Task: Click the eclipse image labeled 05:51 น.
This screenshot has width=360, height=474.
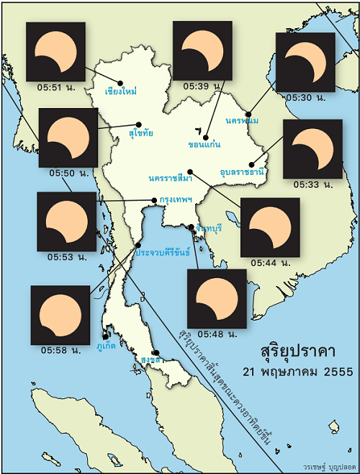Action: click(55, 51)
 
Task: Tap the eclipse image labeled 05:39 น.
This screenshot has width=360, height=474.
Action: click(202, 50)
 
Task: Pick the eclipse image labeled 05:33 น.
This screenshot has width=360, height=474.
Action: click(312, 148)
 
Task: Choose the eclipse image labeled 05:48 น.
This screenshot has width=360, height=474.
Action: click(217, 298)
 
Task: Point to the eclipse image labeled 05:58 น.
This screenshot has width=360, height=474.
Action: click(60, 315)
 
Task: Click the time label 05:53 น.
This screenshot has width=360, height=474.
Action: click(68, 256)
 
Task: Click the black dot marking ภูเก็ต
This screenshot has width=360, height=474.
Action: click(105, 336)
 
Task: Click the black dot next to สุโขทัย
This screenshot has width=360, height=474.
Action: click(139, 124)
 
